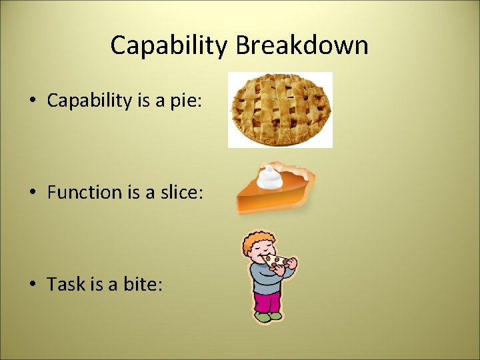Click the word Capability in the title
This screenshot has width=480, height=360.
(x=169, y=45)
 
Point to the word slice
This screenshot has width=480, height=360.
(x=177, y=193)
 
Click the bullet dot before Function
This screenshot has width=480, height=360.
(x=32, y=193)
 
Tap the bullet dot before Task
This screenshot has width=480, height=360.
(x=32, y=285)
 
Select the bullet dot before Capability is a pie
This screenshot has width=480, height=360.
(x=32, y=101)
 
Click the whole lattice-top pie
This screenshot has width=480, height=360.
(x=280, y=109)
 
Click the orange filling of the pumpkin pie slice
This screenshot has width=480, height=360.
(x=267, y=201)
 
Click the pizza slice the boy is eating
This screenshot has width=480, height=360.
(x=275, y=260)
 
